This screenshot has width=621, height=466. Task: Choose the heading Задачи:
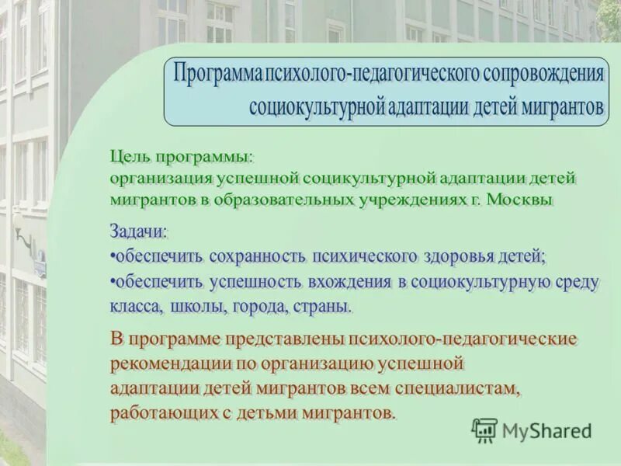point(138,231)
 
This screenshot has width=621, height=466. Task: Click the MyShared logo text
point(546,430)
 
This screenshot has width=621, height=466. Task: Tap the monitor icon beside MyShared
point(484,429)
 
